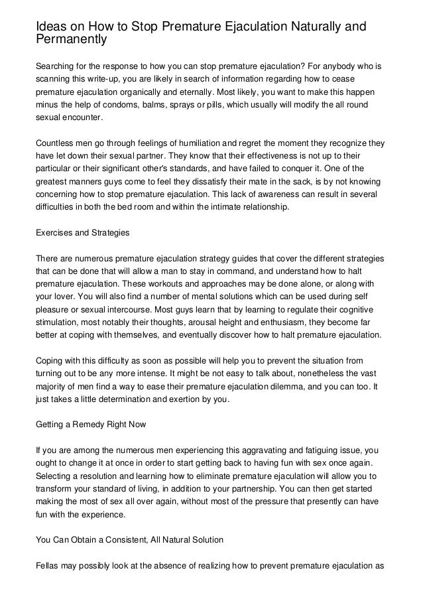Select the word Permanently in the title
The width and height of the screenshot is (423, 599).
[x=71, y=40]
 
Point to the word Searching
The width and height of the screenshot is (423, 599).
[x=58, y=68]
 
